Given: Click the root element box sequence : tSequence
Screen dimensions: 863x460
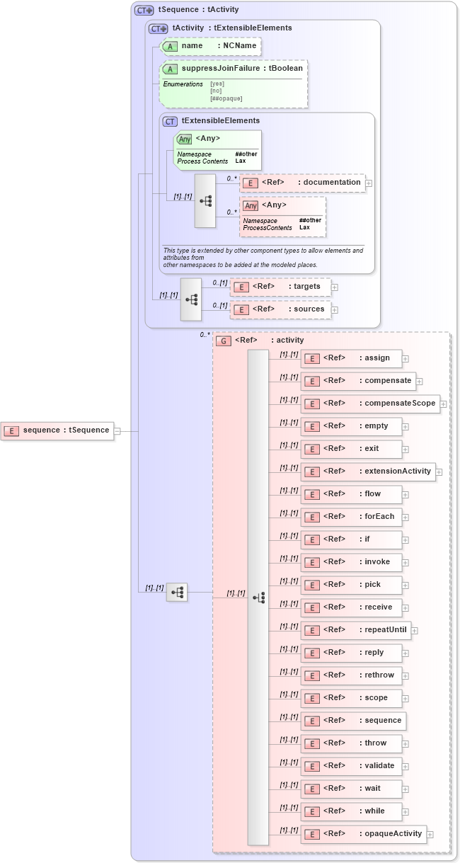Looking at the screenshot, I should (57, 430).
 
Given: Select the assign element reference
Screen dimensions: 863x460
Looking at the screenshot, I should (351, 358).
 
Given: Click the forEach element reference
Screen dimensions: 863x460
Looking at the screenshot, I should (351, 517).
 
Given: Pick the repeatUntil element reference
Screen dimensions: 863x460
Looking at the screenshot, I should (355, 630).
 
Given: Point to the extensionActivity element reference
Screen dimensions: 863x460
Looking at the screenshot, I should (368, 471).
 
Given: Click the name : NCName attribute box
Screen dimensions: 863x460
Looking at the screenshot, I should (210, 47).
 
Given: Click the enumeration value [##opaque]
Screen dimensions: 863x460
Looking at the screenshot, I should (226, 98).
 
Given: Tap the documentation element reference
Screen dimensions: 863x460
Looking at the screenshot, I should (303, 183).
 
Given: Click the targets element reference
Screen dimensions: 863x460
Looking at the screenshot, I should (280, 287).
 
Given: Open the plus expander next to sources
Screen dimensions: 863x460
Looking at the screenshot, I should (335, 310).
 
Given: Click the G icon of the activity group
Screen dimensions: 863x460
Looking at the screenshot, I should (224, 341).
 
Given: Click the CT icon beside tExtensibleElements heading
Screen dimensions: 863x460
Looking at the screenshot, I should (170, 121).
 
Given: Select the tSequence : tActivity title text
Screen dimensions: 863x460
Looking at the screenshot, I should (198, 10).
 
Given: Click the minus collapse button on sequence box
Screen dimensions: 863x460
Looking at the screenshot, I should (117, 430).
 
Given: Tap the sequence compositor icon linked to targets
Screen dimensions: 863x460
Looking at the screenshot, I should (191, 299).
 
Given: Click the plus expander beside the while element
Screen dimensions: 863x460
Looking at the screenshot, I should (406, 812).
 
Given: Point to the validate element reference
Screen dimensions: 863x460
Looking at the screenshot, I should (351, 766).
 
